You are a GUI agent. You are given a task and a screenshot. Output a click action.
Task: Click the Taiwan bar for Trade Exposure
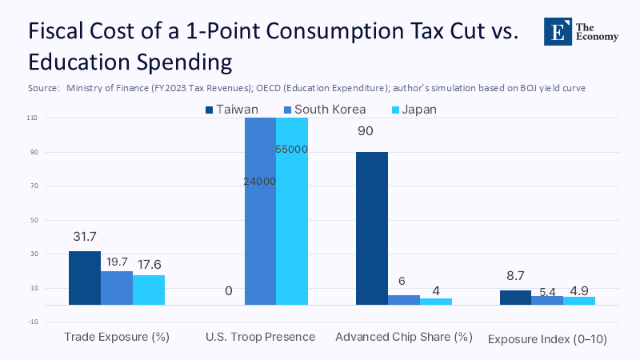click(84, 278)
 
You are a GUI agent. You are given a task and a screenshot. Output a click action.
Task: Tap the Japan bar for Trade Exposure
click(148, 290)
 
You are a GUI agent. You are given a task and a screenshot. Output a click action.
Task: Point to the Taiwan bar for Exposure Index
click(515, 297)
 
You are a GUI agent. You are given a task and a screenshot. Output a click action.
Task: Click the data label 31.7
click(84, 238)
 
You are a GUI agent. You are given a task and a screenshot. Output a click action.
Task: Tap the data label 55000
click(292, 150)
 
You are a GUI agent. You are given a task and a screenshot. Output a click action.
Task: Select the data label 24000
click(260, 182)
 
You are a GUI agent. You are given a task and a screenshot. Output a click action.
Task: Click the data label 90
click(366, 131)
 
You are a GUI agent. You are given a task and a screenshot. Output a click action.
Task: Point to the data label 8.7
click(515, 277)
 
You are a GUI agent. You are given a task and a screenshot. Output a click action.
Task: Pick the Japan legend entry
click(413, 110)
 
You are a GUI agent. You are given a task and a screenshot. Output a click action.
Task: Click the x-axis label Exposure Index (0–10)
click(547, 339)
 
